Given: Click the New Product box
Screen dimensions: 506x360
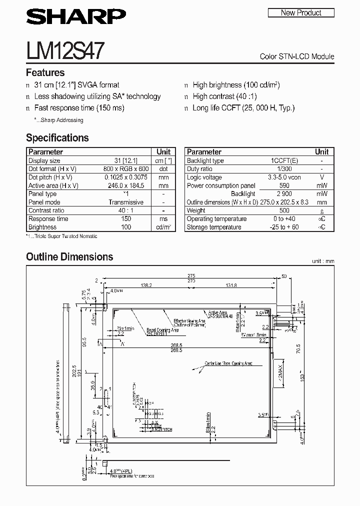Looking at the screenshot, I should coord(300,13).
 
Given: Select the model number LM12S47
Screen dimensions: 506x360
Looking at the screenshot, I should coord(65,51).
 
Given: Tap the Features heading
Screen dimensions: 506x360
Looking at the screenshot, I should coord(45,73).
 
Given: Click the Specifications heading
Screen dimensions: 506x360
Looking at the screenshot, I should coord(57,138).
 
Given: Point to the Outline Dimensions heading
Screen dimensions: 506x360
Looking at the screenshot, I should coord(69,257).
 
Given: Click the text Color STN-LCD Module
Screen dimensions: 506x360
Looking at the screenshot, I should coord(297,56).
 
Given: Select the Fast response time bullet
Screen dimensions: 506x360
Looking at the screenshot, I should coord(79,108).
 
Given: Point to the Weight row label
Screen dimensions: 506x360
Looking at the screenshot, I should coord(196,210).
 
